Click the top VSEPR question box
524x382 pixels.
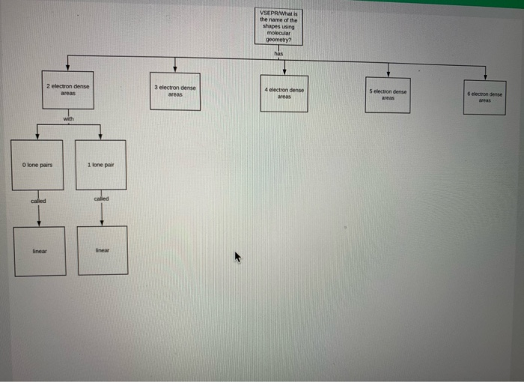tap(278, 27)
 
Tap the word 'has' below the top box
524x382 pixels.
tap(278, 53)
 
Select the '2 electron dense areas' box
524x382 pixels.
tap(68, 90)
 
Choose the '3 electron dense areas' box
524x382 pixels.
tap(175, 91)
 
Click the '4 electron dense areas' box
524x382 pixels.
tap(284, 93)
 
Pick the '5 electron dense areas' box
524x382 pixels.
tap(388, 95)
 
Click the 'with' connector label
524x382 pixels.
tap(69, 118)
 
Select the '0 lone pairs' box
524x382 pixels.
tap(37, 164)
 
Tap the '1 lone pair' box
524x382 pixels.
tap(101, 165)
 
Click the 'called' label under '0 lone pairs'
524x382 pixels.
tap(38, 201)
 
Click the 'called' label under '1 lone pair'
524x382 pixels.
tap(102, 198)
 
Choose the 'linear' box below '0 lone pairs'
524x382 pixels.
tap(40, 251)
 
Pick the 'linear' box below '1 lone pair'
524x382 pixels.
tap(103, 250)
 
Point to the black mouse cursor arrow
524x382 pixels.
tap(239, 257)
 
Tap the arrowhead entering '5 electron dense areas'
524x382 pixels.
tap(388, 73)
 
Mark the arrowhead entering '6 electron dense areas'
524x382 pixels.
tap(486, 76)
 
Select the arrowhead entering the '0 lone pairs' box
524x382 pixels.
tap(37, 137)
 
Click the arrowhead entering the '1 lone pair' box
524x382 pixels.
tap(101, 138)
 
